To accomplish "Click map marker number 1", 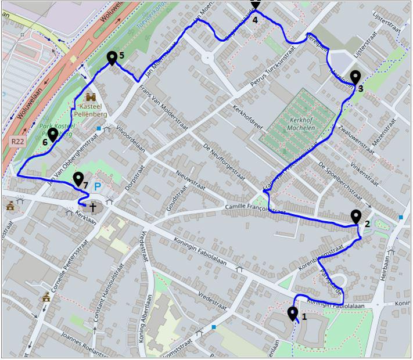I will pyautogui.click(x=293, y=314).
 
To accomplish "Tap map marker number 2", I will pyautogui.click(x=356, y=217).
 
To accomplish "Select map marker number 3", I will pyautogui.click(x=355, y=77).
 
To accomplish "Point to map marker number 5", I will pyautogui.click(x=112, y=57).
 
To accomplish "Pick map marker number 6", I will pyautogui.click(x=52, y=135).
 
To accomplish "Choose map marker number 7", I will pyautogui.click(x=77, y=179).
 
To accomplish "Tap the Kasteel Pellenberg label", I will pyautogui.click(x=91, y=108).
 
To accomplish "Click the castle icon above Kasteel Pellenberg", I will pyautogui.click(x=90, y=97).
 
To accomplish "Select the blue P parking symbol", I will pyautogui.click(x=98, y=187).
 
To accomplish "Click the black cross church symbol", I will pyautogui.click(x=92, y=206).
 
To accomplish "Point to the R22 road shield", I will pyautogui.click(x=17, y=141).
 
